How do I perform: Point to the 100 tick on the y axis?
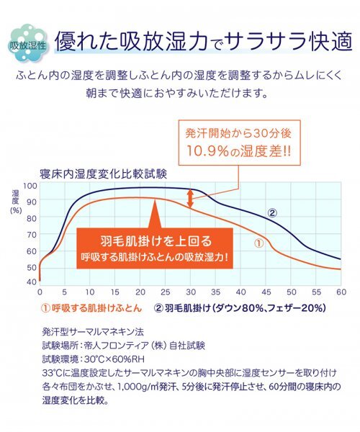point(30,185)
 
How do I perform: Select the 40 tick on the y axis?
point(30,282)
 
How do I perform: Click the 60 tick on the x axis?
point(341,293)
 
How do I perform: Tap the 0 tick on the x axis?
point(40,293)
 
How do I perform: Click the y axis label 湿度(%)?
point(16,201)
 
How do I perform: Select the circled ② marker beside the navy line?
point(272,212)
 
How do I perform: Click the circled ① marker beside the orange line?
point(258,243)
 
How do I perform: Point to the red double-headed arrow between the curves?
point(191,198)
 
